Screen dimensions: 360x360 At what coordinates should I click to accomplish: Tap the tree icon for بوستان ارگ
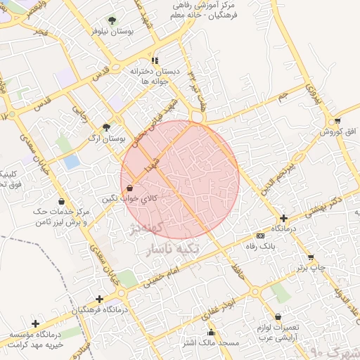click(105, 127)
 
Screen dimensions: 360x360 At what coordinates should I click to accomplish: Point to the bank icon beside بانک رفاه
click(261, 236)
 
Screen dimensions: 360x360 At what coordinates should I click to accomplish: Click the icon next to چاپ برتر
click(311, 257)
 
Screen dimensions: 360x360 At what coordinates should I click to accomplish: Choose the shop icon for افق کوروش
click(338, 121)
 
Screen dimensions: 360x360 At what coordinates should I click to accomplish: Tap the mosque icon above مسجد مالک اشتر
click(211, 332)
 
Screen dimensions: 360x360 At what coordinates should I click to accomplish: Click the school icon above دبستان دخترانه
click(155, 60)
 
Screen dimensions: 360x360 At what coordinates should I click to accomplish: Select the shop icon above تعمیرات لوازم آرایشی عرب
click(281, 316)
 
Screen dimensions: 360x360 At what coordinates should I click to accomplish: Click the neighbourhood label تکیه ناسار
click(181, 248)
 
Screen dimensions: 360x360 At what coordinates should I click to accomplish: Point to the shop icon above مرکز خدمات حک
click(61, 202)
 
